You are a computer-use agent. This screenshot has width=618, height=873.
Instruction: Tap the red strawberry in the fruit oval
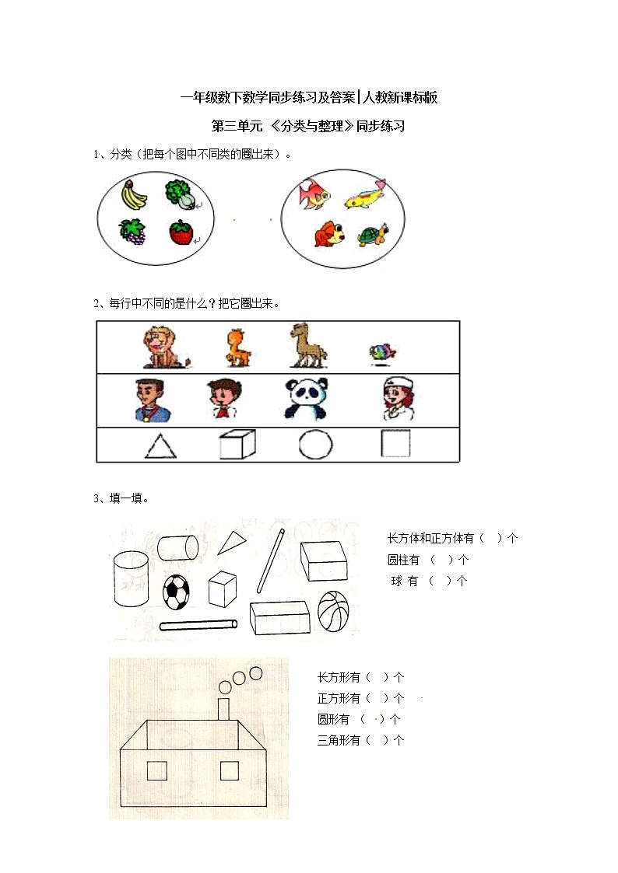point(181,232)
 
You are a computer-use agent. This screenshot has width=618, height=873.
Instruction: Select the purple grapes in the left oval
point(132,232)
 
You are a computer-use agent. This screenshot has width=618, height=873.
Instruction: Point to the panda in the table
point(305,399)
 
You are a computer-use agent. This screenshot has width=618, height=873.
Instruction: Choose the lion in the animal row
point(163,347)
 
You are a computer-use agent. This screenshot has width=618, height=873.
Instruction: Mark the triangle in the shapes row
point(160,446)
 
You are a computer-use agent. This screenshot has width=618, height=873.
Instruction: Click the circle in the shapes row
point(315,445)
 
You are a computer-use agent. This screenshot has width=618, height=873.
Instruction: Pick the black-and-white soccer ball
point(177,592)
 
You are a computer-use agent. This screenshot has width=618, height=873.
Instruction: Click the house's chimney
point(224,709)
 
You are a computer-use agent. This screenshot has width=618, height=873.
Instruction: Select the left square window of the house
point(157,770)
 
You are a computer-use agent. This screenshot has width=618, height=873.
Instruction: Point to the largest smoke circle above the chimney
point(255,672)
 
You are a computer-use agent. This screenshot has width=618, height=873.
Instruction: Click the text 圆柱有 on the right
point(404,560)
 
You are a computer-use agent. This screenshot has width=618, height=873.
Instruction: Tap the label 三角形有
point(339,740)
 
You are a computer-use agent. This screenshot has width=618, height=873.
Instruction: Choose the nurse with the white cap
point(395,399)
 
